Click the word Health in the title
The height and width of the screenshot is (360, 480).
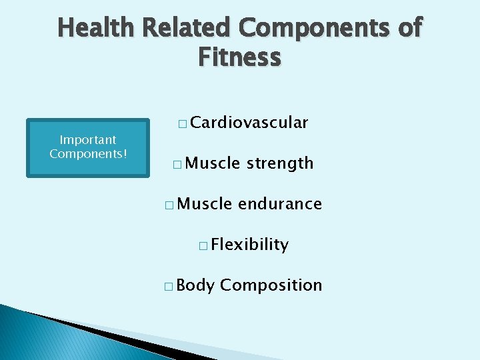tap(97, 28)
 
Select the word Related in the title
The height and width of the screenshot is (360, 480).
tap(187, 28)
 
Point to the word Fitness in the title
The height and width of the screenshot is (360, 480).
tap(239, 57)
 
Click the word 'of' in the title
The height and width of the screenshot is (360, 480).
tap(408, 28)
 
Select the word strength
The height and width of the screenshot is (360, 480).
tap(279, 163)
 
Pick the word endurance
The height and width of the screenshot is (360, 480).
tap(279, 204)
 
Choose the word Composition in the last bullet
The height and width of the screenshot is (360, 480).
tap(271, 285)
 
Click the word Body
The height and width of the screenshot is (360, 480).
tap(196, 285)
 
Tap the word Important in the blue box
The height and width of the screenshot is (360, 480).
tap(88, 140)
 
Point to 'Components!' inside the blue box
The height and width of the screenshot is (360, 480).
tap(88, 153)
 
